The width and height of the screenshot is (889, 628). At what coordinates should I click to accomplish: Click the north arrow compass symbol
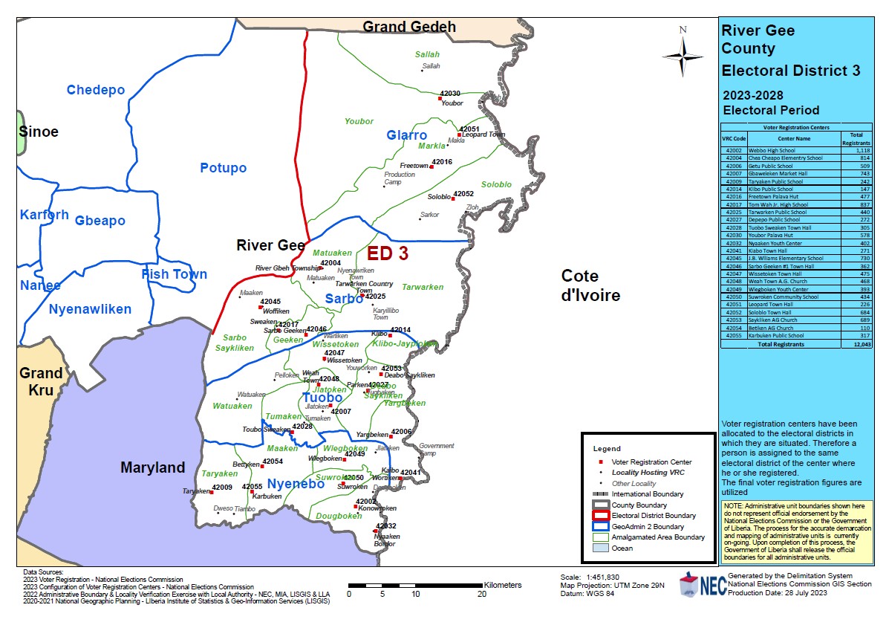tap(683, 56)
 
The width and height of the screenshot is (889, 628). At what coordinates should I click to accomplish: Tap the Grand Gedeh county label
tap(408, 27)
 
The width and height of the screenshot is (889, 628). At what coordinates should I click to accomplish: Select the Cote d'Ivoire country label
tap(590, 285)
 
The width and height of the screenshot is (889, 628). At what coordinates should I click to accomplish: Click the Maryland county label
tap(152, 467)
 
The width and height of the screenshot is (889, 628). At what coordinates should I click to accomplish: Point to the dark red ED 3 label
tap(388, 253)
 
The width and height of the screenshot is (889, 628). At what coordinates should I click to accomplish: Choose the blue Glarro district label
tap(406, 135)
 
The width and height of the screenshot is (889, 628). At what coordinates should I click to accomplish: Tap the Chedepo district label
tap(95, 90)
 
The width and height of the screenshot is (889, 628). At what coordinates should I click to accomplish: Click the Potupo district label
tap(223, 168)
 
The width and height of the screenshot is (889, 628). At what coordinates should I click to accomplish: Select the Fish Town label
tap(175, 274)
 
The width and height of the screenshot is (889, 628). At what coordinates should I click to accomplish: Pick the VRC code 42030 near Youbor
tap(450, 94)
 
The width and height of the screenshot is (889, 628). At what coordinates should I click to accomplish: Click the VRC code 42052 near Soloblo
tap(463, 193)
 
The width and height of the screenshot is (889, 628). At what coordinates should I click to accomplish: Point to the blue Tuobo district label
tap(322, 398)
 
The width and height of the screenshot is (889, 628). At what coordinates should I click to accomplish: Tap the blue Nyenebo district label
tap(296, 484)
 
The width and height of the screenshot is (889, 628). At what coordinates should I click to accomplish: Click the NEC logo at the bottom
tap(700, 586)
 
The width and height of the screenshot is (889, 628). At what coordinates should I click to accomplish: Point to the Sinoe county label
tap(39, 132)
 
